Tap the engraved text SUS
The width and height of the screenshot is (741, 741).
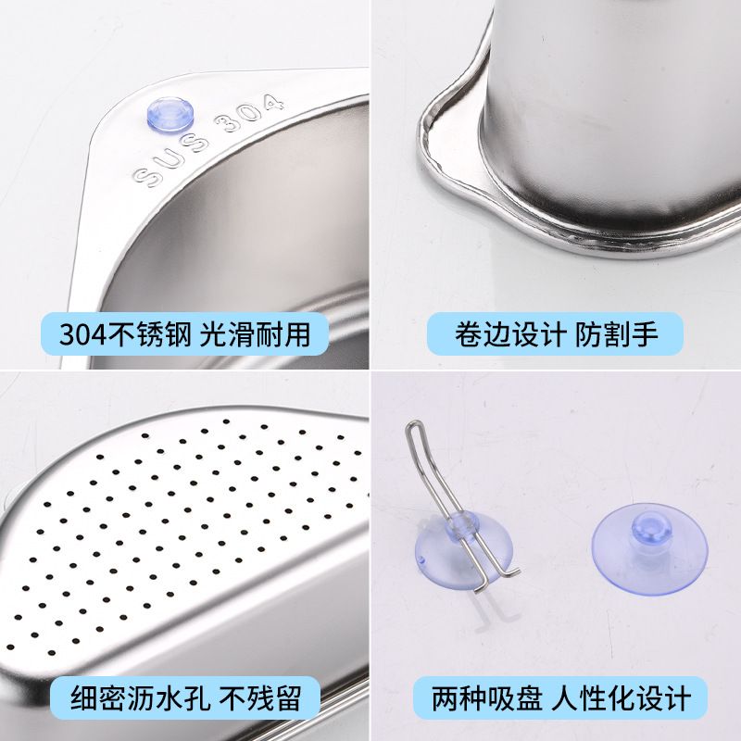tap(157, 170)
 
